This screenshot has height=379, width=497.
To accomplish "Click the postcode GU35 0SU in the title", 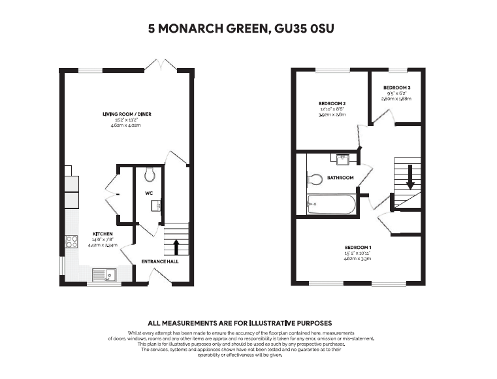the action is (x=304, y=29).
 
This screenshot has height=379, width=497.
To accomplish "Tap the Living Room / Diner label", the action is (x=127, y=114).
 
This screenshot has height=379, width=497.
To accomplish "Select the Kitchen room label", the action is (x=103, y=234).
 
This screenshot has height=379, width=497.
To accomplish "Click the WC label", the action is (x=149, y=193).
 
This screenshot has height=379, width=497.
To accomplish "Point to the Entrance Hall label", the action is (x=160, y=261).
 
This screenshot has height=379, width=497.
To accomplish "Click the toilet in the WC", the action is (x=150, y=174).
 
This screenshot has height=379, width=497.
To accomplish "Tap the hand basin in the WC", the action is (x=155, y=206).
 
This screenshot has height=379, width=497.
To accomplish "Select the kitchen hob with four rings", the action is (x=72, y=241).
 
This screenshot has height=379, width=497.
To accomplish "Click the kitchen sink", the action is (x=104, y=274).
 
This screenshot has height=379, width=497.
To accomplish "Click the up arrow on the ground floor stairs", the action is (x=176, y=247).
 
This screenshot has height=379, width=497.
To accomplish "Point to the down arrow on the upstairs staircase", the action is (x=410, y=177).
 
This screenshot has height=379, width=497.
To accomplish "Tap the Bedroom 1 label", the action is (x=358, y=248).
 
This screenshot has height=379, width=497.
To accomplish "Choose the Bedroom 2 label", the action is (x=332, y=104).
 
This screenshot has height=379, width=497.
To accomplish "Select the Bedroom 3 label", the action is (x=397, y=88).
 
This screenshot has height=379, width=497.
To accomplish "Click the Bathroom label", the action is (x=340, y=178).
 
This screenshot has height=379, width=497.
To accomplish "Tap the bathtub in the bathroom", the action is (x=331, y=205).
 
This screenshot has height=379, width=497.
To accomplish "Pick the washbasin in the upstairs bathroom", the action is (x=343, y=159).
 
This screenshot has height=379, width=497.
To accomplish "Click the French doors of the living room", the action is (x=162, y=65).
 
